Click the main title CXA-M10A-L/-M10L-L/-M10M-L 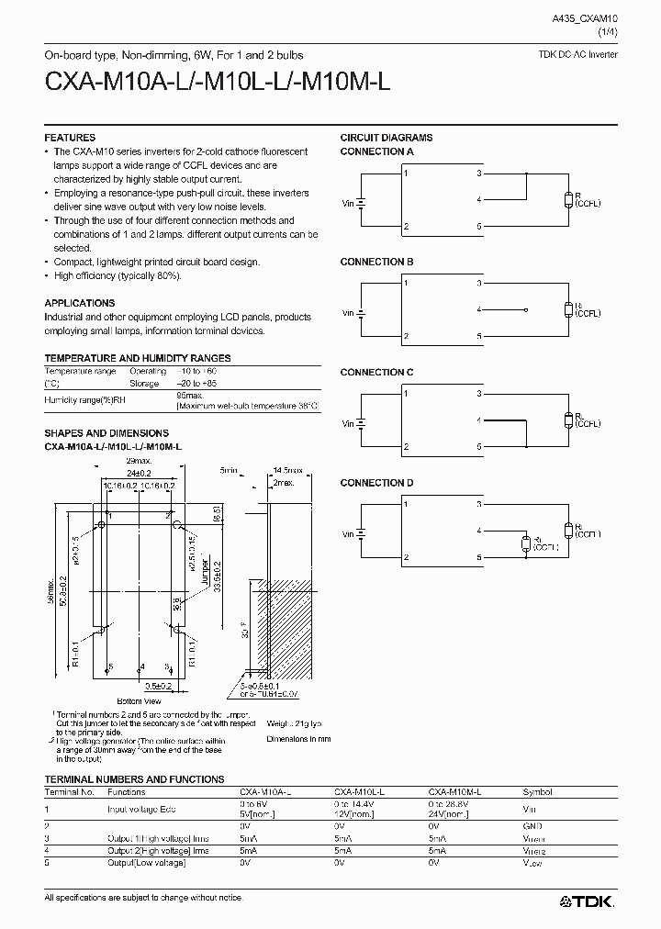(x=218, y=82)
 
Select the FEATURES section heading (x=70, y=138)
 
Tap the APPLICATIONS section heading (x=80, y=303)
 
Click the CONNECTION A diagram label (x=376, y=151)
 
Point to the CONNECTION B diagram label (x=376, y=262)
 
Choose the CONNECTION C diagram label (x=376, y=372)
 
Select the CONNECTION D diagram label (x=376, y=483)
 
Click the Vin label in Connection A (x=348, y=203)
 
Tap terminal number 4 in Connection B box (x=479, y=310)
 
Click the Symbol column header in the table (x=538, y=791)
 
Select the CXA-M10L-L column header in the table (x=359, y=791)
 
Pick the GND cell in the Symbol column (x=532, y=826)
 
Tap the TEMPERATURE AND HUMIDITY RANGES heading (x=138, y=358)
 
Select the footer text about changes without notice (x=143, y=896)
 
